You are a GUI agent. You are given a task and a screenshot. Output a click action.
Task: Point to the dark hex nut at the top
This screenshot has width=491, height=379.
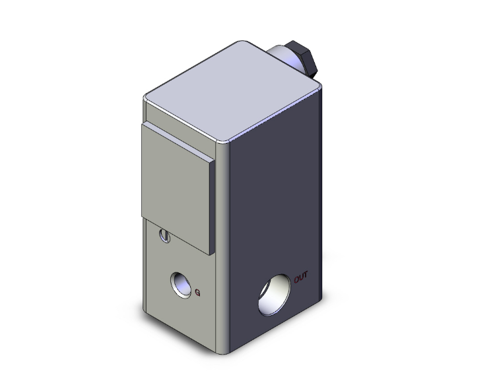[x=306, y=60]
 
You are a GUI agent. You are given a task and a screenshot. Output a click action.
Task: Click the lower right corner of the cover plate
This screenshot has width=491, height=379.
[x=210, y=254]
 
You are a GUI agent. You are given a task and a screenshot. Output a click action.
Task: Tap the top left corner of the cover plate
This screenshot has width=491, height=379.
[x=146, y=123]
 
